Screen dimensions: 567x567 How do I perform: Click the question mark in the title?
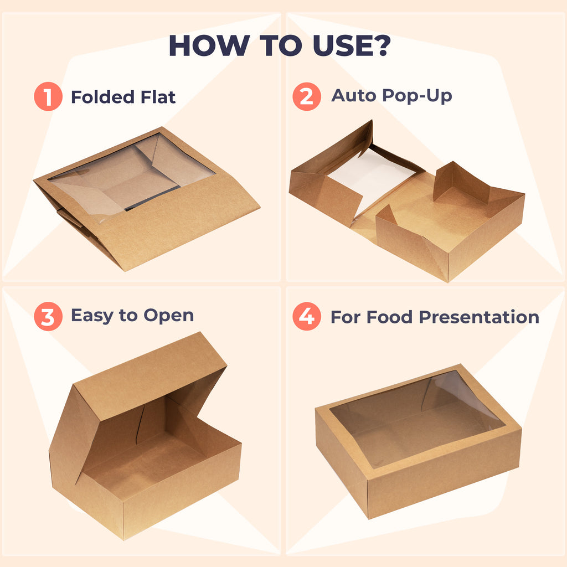click(381, 45)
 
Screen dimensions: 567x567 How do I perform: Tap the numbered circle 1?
click(48, 97)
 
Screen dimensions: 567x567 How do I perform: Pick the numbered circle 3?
click(48, 317)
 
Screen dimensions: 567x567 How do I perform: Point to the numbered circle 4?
click(306, 317)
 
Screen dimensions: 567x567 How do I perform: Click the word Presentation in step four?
click(478, 317)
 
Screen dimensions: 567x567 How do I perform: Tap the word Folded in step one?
click(103, 97)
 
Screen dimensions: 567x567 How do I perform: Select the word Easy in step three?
click(92, 316)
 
